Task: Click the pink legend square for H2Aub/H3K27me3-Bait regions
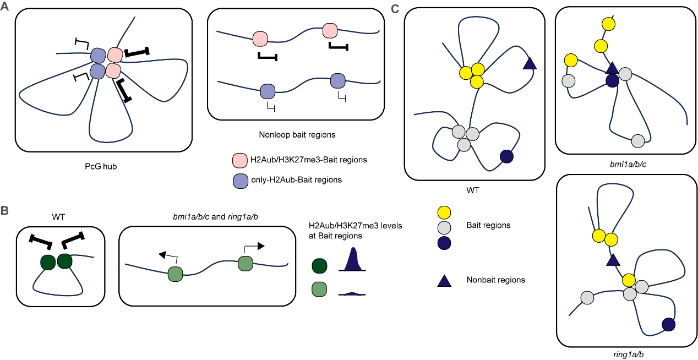pos(239,160)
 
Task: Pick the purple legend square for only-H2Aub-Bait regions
pos(239,180)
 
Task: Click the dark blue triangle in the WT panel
pos(529,63)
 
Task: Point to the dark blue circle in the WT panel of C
pos(508,156)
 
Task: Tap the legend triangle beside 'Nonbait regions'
pos(444,280)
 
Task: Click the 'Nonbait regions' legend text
pos(495,280)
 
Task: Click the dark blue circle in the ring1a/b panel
pos(669,325)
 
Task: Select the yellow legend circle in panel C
pos(444,212)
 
